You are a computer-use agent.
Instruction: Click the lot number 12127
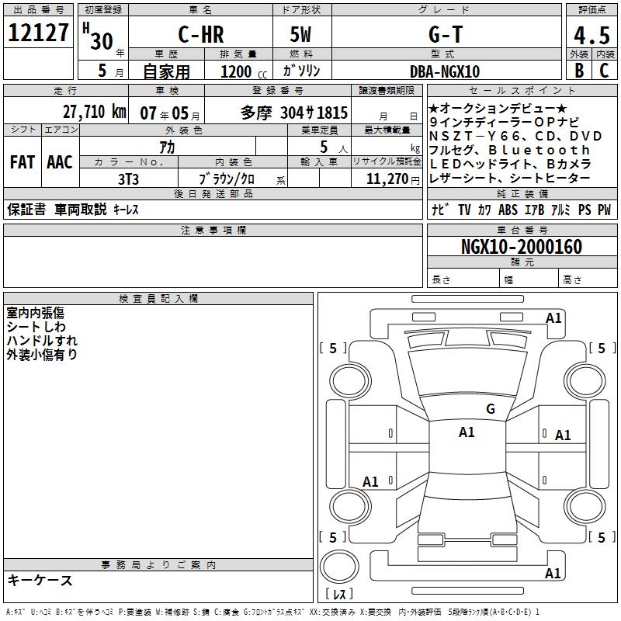click(38, 33)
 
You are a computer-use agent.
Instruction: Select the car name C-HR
click(201, 34)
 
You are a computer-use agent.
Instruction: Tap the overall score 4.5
click(592, 35)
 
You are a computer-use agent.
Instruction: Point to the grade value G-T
click(446, 34)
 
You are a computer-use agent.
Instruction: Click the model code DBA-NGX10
click(445, 71)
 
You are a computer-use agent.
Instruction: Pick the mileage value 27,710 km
click(94, 112)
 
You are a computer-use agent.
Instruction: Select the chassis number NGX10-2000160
click(522, 247)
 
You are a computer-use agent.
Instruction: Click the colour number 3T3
click(128, 179)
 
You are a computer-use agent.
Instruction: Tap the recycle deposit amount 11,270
click(387, 179)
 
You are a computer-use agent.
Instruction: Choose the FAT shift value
click(23, 162)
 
